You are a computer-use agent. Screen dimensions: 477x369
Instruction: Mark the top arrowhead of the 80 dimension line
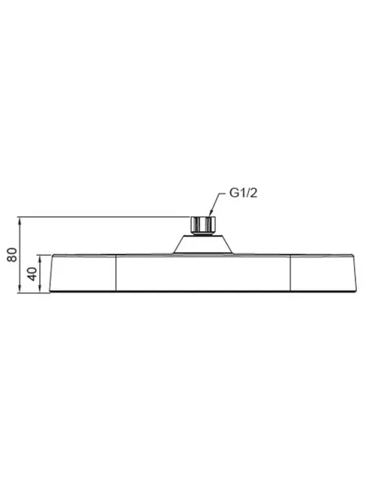[20, 219]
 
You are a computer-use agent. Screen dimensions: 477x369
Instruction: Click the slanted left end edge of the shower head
[52, 274]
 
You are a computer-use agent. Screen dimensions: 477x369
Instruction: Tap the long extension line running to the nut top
[106, 216]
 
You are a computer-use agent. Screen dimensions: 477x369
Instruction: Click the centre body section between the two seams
[204, 274]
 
